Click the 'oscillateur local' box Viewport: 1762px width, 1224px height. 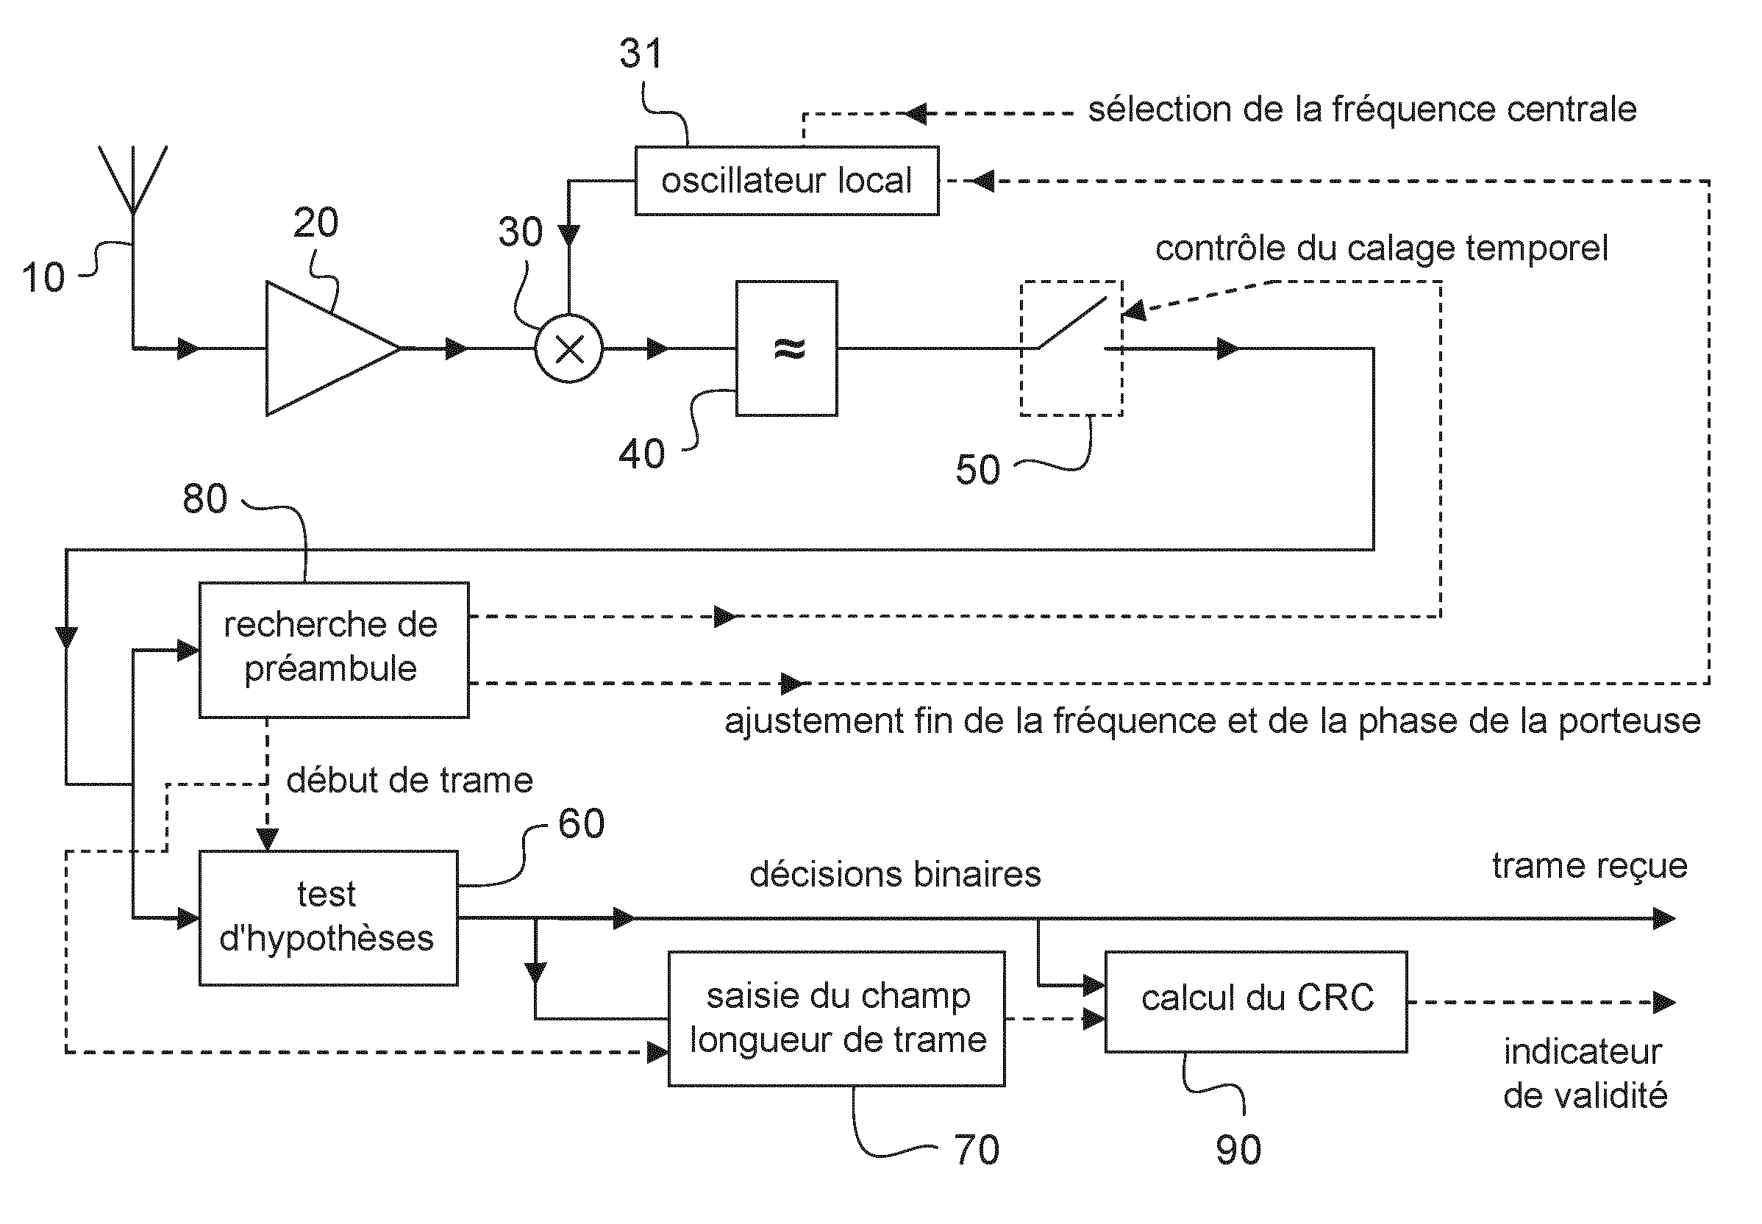tap(785, 181)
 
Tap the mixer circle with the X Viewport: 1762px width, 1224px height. tap(568, 349)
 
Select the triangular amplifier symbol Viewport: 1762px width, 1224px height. tap(322, 349)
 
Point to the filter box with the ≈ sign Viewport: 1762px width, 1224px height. tap(786, 349)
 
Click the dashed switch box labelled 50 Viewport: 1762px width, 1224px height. tap(1071, 349)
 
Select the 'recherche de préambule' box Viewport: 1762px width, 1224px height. tap(333, 650)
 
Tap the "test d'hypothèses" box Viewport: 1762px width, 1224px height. tap(327, 917)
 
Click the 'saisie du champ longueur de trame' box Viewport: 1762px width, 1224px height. tap(836, 1018)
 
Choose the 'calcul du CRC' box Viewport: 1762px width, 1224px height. tap(1256, 1001)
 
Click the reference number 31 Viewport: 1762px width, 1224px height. tap(640, 54)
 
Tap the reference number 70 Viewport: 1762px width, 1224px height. tap(977, 1150)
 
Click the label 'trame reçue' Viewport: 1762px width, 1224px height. tap(1589, 867)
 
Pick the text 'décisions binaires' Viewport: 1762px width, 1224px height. tap(894, 875)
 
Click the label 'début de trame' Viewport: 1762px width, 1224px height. tap(410, 781)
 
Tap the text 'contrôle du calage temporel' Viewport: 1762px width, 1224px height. tap(1381, 248)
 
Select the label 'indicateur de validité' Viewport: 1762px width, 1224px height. tap(1585, 1074)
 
